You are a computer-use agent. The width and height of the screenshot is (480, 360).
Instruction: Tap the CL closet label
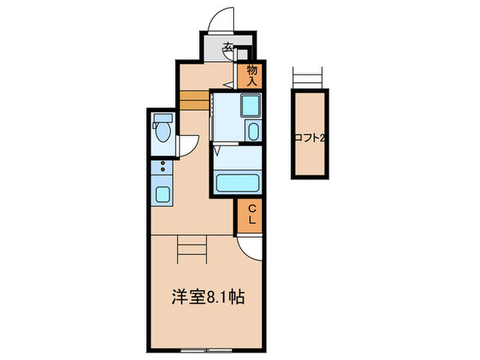(x=252, y=215)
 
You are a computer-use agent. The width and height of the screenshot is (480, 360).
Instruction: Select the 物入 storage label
(x=252, y=75)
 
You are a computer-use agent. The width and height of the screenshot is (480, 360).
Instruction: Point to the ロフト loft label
(x=309, y=138)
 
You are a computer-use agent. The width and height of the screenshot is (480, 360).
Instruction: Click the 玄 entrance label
(x=228, y=48)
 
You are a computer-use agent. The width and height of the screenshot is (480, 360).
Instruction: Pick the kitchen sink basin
(x=163, y=194)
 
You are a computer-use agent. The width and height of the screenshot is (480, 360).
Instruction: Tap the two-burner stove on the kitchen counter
(x=163, y=166)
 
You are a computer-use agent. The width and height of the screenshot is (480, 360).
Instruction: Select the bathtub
(x=237, y=183)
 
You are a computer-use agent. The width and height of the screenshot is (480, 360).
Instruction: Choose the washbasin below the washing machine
(x=252, y=132)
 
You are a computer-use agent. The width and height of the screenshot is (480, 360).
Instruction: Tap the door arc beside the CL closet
(x=250, y=248)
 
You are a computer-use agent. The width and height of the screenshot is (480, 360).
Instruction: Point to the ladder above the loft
(x=308, y=77)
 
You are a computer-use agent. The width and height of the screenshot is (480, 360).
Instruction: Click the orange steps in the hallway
(x=193, y=99)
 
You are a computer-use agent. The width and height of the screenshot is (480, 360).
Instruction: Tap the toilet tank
(x=163, y=119)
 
